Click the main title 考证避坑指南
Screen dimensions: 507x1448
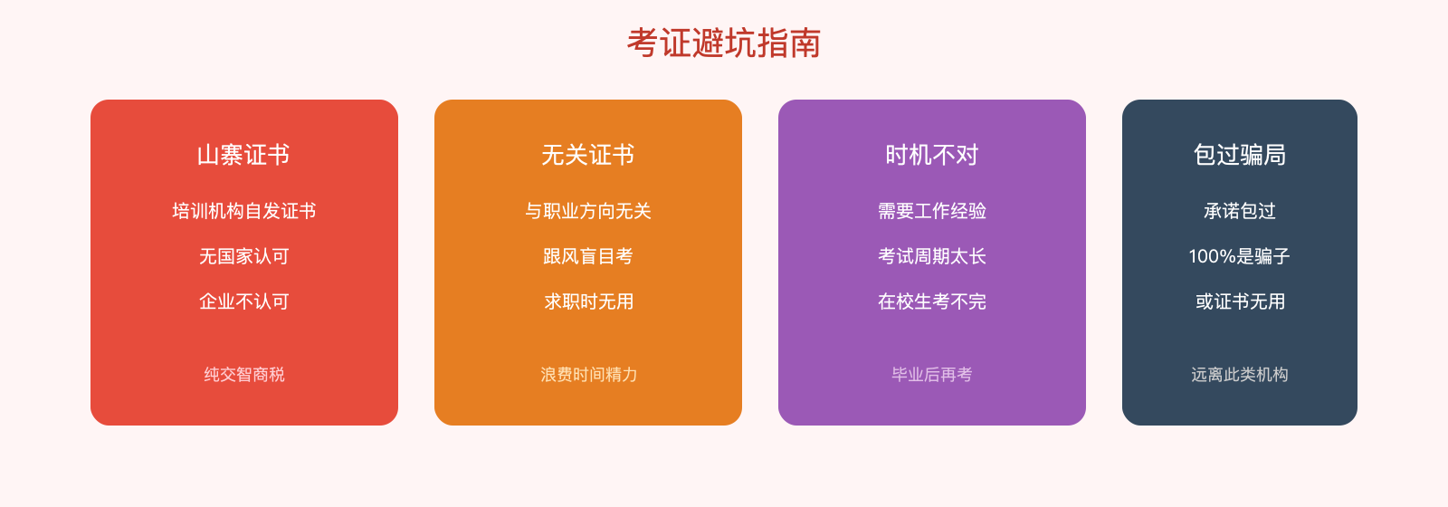tap(724, 43)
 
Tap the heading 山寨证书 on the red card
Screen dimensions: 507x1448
tap(244, 155)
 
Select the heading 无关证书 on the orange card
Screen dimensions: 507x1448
tap(588, 155)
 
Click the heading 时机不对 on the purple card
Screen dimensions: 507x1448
tap(932, 155)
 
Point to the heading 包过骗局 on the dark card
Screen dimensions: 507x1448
tap(1240, 155)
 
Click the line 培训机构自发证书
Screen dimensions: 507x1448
tap(244, 211)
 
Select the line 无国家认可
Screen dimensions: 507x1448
tap(244, 256)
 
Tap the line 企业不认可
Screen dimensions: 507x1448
tap(244, 301)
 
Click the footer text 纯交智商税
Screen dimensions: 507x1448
tap(244, 374)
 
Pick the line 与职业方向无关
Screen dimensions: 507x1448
tap(588, 211)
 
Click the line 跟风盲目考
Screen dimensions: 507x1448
tap(588, 256)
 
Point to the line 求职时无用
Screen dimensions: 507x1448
tap(588, 301)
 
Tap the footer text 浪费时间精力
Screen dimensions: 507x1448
tap(588, 374)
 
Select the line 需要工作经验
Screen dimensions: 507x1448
tap(932, 211)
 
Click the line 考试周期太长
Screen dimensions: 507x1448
tap(932, 256)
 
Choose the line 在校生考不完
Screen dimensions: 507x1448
tap(932, 301)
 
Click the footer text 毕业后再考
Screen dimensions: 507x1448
tap(932, 374)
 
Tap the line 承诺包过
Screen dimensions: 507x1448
tap(1240, 211)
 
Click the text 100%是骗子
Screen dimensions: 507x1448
tap(1240, 256)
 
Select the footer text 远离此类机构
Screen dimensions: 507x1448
tap(1240, 374)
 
